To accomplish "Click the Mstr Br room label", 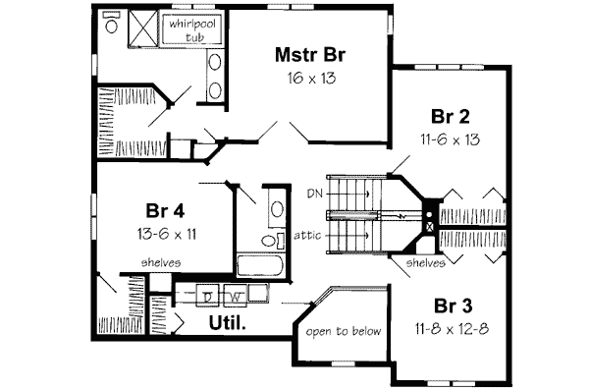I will point(308,55).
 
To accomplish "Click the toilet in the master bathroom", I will point(111,26).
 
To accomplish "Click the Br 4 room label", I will point(166,211).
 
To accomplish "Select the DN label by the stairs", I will point(314,191).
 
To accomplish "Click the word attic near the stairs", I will point(308,235).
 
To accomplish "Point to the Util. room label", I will point(226,322).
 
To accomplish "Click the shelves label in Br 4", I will point(159,262).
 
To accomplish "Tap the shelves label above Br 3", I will point(425,262).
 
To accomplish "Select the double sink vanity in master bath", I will point(214,77).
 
